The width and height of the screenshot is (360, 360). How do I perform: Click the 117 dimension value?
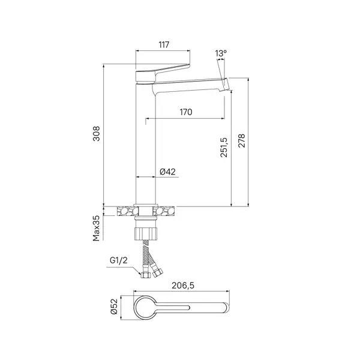[x=164, y=44]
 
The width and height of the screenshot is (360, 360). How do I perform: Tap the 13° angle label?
[x=221, y=53]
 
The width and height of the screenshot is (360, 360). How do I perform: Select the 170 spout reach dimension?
[x=186, y=112]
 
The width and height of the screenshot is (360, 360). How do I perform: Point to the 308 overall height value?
[x=97, y=133]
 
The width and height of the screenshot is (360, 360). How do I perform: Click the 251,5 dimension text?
[x=224, y=147]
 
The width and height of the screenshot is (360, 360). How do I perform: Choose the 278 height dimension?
[x=242, y=140]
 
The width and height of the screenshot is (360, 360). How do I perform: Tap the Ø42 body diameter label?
[x=167, y=172]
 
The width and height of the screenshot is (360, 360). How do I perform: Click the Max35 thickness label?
[x=97, y=228]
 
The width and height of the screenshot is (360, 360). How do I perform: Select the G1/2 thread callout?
[x=118, y=260]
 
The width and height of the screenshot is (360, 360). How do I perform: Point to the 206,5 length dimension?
[x=183, y=286]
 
